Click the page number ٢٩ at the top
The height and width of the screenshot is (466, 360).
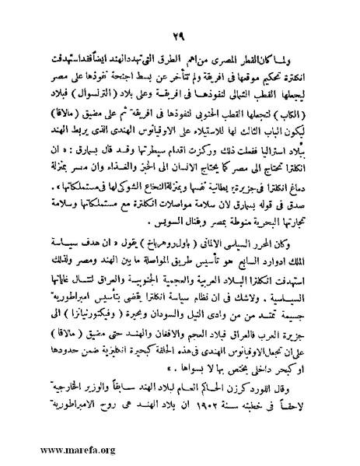click(180, 33)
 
